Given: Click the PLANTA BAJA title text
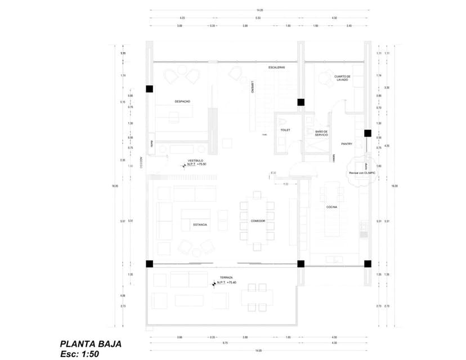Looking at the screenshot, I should pyautogui.click(x=90, y=344).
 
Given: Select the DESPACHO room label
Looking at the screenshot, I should pyautogui.click(x=182, y=101).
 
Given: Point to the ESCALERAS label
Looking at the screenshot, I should pyautogui.click(x=276, y=67).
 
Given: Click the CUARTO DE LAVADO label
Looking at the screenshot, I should pyautogui.click(x=342, y=78).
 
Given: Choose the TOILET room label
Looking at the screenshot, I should pyautogui.click(x=285, y=130).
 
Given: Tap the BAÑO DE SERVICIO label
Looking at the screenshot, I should pyautogui.click(x=321, y=133).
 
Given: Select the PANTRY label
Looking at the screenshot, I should pyautogui.click(x=346, y=143).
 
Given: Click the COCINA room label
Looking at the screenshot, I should pyautogui.click(x=331, y=208).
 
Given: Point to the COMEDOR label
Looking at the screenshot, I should pyautogui.click(x=258, y=221).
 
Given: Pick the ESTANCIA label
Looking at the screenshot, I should pyautogui.click(x=200, y=224).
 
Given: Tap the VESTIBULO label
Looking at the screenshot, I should pyautogui.click(x=195, y=160).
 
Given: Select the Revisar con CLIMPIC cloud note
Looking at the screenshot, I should pyautogui.click(x=362, y=173).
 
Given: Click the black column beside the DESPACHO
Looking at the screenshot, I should pyautogui.click(x=149, y=89).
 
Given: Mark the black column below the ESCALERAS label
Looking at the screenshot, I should pyautogui.click(x=301, y=102).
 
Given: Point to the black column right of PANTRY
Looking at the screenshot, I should pyautogui.click(x=367, y=133).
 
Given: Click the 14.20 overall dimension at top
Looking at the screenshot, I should pyautogui.click(x=259, y=10).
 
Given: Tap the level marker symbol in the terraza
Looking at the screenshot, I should pyautogui.click(x=213, y=284).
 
